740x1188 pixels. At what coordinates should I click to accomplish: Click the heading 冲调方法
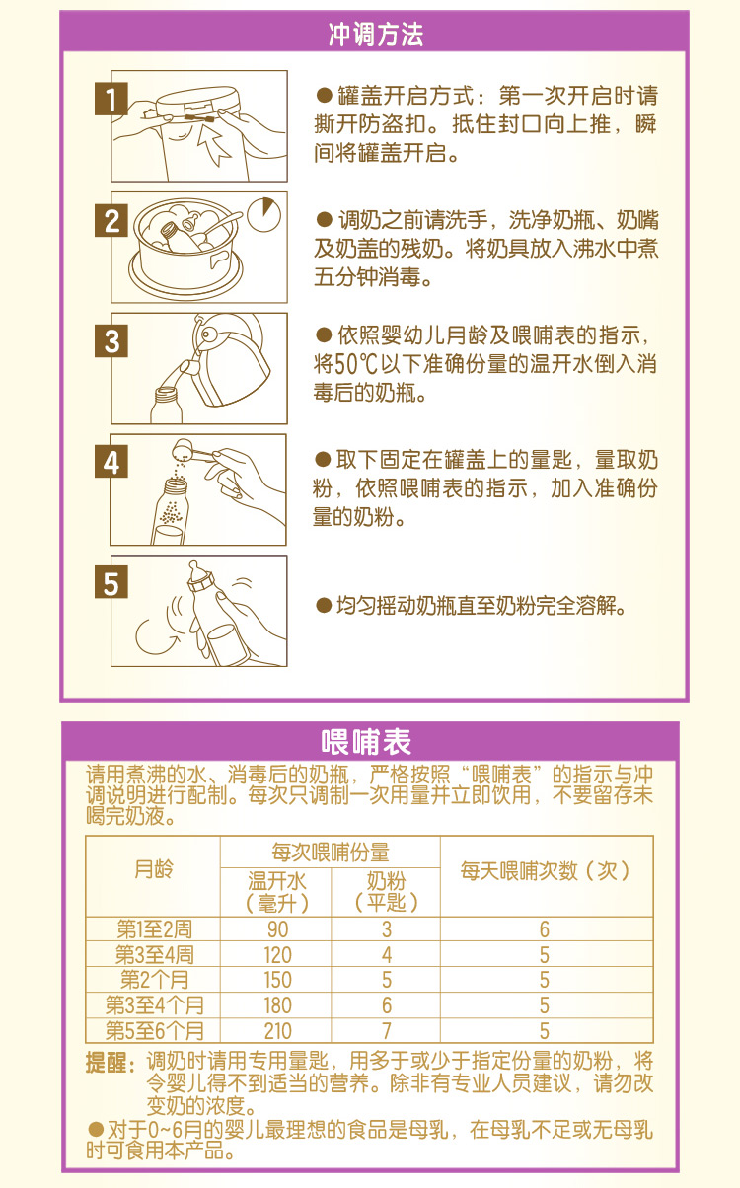coord(376,36)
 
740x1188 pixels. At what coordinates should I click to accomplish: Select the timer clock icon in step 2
coord(263,214)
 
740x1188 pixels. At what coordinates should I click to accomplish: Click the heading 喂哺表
coord(367,742)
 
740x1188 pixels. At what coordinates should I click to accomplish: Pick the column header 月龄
coord(152,870)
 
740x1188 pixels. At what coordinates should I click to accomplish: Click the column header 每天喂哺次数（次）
coord(545,870)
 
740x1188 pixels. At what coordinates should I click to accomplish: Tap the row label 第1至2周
coord(154,929)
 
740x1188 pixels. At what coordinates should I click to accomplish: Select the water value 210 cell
coord(277,1031)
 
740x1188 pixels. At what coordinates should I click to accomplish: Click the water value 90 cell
coord(277,929)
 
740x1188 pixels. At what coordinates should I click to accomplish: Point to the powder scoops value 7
coord(387,1031)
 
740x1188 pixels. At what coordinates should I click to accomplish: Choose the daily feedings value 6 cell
coord(545,929)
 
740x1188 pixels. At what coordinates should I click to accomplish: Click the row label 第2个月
coord(154,980)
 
